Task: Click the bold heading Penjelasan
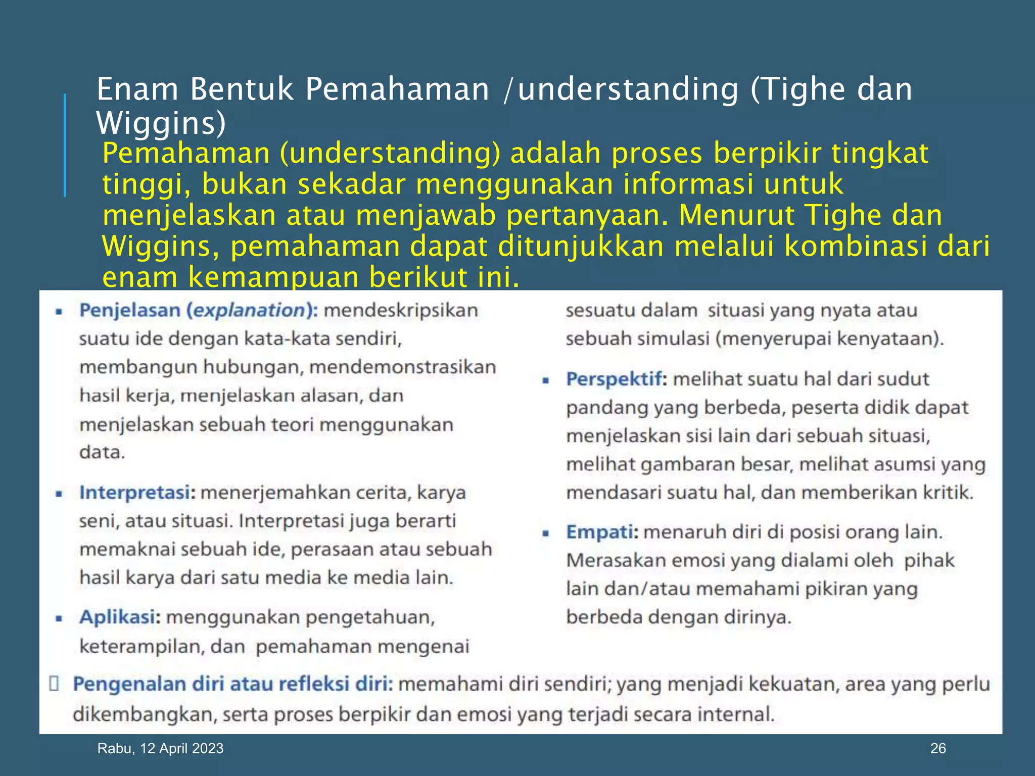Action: tap(131, 310)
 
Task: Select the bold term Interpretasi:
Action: tap(137, 493)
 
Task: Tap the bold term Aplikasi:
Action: tap(120, 617)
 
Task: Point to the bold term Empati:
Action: tap(602, 532)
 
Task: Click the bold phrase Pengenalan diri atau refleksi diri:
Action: tap(232, 684)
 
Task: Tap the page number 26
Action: tap(937, 748)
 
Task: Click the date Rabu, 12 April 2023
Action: tap(160, 748)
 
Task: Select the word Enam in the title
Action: tap(137, 89)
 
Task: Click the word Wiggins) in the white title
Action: tap(161, 123)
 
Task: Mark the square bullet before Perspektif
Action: tap(545, 380)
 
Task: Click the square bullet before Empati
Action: tap(545, 533)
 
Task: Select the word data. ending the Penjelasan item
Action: tap(102, 452)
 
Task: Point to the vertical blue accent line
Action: tap(65, 145)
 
